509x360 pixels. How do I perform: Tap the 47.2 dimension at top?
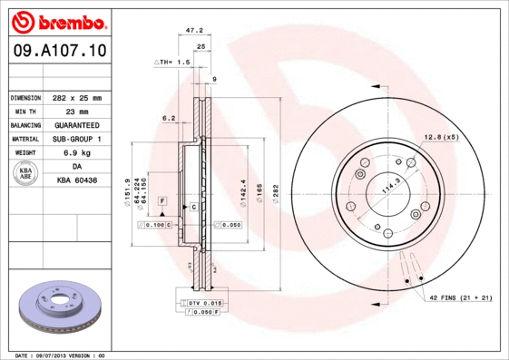(193, 30)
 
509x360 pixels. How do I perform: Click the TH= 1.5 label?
(173, 62)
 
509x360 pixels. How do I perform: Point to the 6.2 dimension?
(169, 118)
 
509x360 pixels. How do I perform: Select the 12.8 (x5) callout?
(440, 136)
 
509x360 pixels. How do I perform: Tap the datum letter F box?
(162, 199)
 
